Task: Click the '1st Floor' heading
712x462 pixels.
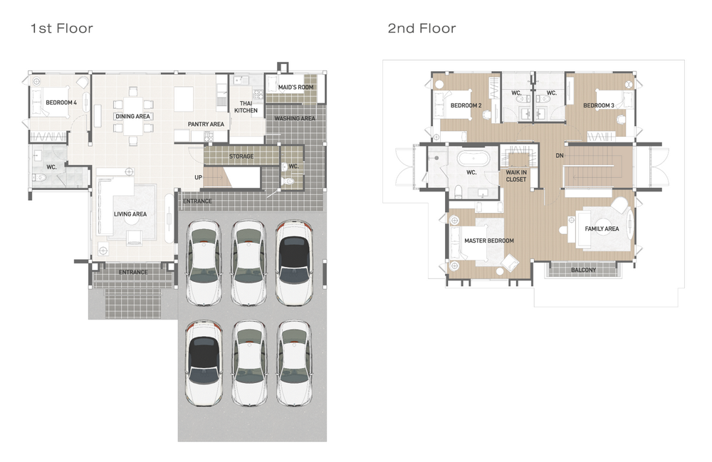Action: coord(62,28)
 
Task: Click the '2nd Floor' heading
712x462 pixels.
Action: coord(422,28)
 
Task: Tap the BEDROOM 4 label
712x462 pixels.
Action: coord(61,103)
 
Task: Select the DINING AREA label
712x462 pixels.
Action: coord(132,116)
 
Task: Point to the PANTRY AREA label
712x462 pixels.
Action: coord(206,124)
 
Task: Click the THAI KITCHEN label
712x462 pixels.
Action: coord(246,107)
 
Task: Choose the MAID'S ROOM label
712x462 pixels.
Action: coord(295,87)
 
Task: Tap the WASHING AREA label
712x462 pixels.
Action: coord(295,118)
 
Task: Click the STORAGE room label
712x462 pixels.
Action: coord(241,156)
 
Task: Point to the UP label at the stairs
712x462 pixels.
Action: coord(199,177)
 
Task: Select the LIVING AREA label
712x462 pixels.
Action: coord(130,214)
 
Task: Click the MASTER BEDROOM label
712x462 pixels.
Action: coord(489,241)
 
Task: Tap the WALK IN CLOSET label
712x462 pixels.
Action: coord(516,176)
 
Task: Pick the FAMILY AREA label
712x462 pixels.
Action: coord(602,229)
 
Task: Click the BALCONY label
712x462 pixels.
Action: coord(584,270)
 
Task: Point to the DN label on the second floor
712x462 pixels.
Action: coord(560,155)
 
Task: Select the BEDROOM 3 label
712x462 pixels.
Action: coord(599,105)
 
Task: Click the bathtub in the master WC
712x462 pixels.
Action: coord(473,158)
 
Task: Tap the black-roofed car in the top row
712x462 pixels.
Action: coord(294,263)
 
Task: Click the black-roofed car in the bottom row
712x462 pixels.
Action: coord(204,363)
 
